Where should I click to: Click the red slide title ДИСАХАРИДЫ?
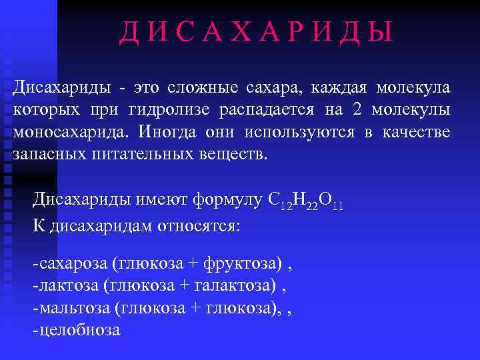point(256,33)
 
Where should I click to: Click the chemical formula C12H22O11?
point(305,200)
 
